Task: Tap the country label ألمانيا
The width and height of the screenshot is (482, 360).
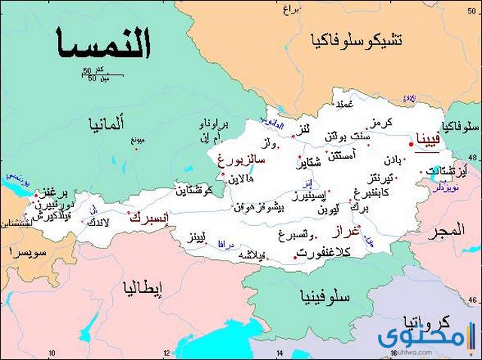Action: pos(107,122)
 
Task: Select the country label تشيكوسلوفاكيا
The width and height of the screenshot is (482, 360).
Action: pos(360,40)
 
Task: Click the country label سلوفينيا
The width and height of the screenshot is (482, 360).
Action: pos(325,296)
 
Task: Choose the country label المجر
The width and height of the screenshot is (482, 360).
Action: pos(447,232)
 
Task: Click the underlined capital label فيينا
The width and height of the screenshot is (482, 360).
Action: pos(426,139)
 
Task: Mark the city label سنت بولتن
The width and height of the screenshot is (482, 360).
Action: pos(347,137)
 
